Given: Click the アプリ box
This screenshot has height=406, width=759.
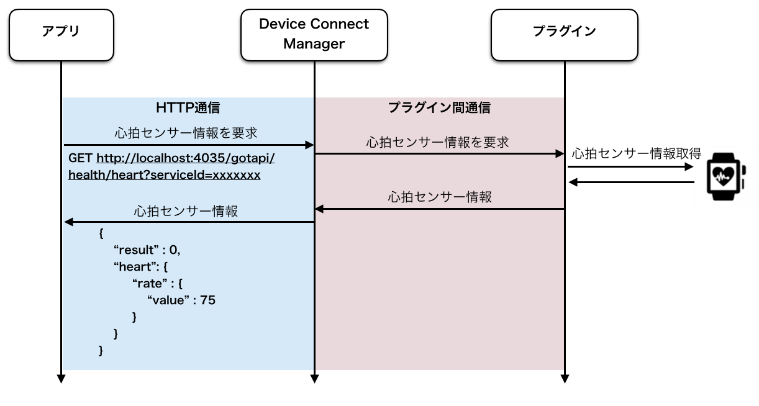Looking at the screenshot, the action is [x=61, y=35].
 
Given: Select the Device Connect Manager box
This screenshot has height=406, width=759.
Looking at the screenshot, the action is [x=314, y=35].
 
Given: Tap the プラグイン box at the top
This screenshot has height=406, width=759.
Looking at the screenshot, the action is [x=565, y=35].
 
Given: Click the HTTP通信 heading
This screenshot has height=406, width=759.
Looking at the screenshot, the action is [x=188, y=107].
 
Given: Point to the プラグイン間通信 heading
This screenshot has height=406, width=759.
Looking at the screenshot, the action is [x=439, y=107].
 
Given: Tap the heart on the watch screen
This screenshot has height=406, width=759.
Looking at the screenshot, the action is [x=723, y=176].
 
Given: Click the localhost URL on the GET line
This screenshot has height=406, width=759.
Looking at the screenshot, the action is [x=185, y=158].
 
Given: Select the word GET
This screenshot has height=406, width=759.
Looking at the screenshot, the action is [x=80, y=158].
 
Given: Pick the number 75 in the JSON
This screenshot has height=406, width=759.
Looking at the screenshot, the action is [x=207, y=300].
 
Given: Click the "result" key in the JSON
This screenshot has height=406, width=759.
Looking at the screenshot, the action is [x=136, y=250].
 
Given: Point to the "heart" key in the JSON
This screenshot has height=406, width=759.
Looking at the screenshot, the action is [x=137, y=266].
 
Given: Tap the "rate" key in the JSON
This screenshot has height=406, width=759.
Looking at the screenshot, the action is [x=150, y=283].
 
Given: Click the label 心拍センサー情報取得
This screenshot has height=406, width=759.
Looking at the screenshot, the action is [x=637, y=154].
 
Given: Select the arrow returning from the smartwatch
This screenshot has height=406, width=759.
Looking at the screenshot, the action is [x=631, y=182].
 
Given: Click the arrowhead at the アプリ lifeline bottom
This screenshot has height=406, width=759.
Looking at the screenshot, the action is [x=61, y=379].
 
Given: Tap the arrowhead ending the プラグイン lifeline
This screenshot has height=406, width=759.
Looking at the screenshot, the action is [x=565, y=379].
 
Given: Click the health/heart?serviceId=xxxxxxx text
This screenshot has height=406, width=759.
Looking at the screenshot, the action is [x=165, y=175].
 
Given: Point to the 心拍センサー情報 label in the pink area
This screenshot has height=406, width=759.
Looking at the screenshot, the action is [x=440, y=197].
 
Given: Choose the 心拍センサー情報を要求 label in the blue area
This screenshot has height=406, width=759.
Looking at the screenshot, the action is [x=186, y=133].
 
